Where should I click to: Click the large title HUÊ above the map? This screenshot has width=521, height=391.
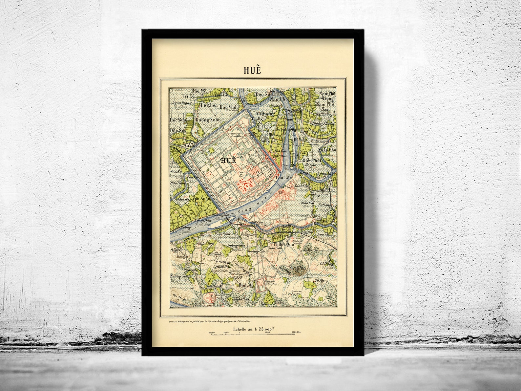[x=252, y=71]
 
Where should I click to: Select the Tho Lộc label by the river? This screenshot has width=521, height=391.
[x=283, y=178]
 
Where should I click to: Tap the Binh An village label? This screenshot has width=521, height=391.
[x=246, y=285]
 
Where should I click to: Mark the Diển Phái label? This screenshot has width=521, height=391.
[x=311, y=161]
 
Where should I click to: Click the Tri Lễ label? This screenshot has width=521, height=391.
[x=180, y=96]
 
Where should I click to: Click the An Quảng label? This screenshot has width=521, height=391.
[x=267, y=113]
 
